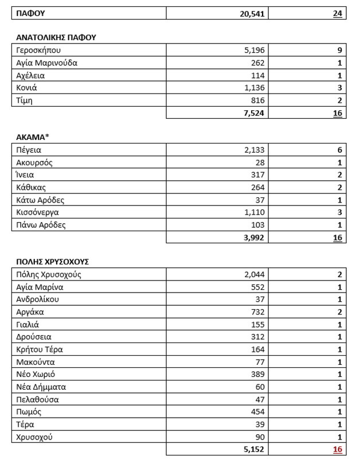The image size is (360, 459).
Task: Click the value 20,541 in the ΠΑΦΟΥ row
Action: [249, 13]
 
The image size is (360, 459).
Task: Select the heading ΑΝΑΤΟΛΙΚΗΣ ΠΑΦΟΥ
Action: [56, 38]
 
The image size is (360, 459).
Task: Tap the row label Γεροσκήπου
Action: [39, 50]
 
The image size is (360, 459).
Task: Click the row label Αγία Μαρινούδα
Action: [47, 63]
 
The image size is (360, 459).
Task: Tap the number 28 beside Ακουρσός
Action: [259, 163]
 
